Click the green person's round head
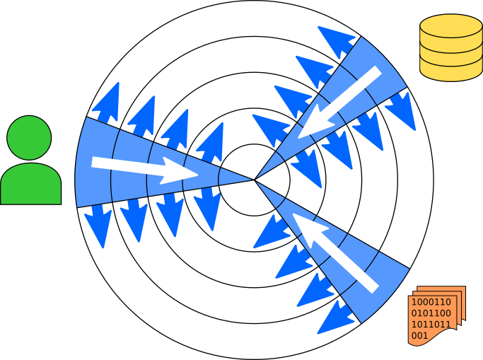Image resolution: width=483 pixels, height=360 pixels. click(29, 138)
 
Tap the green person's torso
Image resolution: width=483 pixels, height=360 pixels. click(30, 185)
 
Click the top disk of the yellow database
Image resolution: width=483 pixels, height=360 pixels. click(450, 26)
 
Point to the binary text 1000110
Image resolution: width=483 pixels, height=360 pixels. click(431, 302)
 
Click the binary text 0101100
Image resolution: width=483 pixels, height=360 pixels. click(431, 313)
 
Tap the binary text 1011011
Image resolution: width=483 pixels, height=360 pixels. click(431, 325)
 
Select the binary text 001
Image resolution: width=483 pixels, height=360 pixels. click(419, 335)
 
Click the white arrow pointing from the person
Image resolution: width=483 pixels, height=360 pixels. click(145, 168)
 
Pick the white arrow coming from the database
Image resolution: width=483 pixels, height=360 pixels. click(339, 103)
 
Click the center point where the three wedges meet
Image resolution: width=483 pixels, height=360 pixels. click(255, 180)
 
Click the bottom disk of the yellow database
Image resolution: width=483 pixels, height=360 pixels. click(450, 69)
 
